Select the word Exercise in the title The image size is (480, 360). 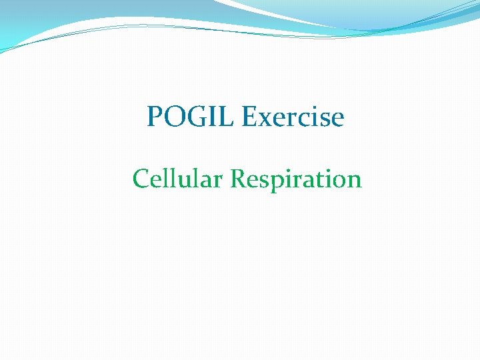tap(293, 117)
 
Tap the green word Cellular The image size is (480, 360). tap(178, 179)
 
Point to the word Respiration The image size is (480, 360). tap(296, 179)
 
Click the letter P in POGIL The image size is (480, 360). tap(155, 117)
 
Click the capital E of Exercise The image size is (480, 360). tap(250, 117)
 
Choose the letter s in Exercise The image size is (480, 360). tap(323, 119)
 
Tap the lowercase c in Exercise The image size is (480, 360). tap(294, 119)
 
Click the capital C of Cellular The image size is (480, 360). tap(141, 179)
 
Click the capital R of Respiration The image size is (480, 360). tap(238, 179)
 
